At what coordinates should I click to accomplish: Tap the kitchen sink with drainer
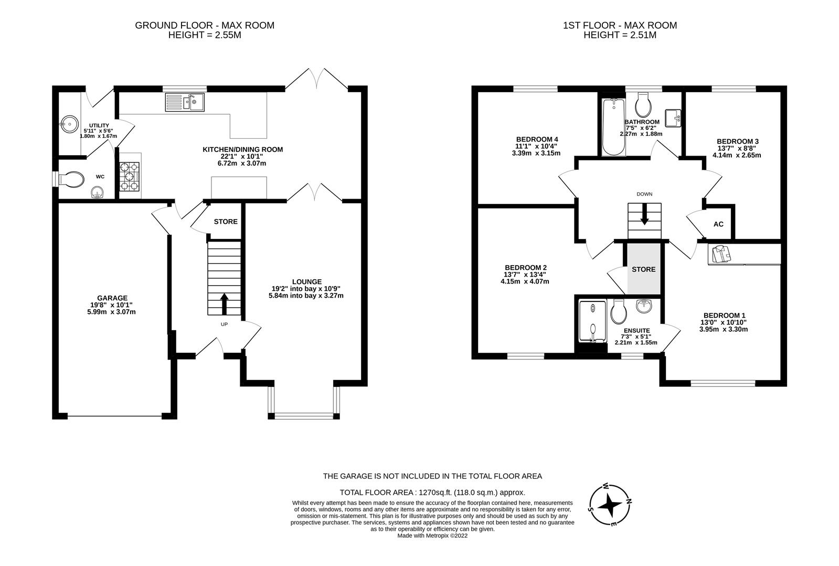click(184, 102)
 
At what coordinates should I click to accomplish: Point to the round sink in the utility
click(68, 125)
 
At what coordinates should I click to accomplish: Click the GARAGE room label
click(112, 298)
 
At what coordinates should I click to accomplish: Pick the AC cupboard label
click(718, 224)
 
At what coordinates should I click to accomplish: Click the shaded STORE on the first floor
click(643, 269)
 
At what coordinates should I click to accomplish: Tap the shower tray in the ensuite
click(592, 321)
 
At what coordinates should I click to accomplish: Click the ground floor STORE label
click(226, 222)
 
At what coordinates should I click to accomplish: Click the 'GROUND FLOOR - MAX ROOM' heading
click(205, 25)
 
